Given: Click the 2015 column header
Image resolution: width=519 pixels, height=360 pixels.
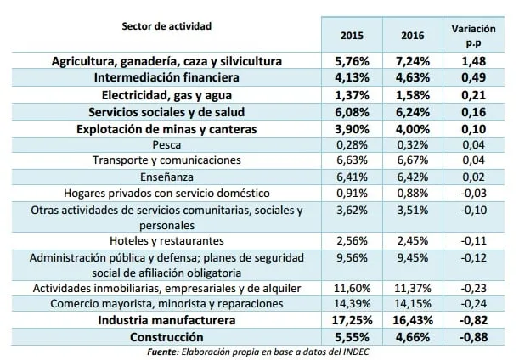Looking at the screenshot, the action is click(x=352, y=36).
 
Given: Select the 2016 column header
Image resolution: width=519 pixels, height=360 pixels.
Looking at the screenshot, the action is click(x=413, y=36).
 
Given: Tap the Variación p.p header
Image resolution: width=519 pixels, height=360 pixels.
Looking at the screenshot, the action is click(x=473, y=36).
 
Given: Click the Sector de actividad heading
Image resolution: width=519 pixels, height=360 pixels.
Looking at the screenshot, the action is click(x=166, y=26).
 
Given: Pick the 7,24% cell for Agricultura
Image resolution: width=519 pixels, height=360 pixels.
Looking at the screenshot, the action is click(x=413, y=61).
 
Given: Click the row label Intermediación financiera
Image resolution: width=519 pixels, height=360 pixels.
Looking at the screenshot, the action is click(x=166, y=77).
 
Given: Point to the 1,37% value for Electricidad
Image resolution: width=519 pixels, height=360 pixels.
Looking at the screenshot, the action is click(x=352, y=95).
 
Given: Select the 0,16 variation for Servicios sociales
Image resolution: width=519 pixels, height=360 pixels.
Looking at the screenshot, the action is click(x=474, y=112).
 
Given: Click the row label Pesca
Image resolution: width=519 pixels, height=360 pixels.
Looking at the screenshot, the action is click(x=166, y=145).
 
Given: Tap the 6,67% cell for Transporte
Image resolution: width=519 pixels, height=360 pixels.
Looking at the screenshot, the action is click(x=413, y=160).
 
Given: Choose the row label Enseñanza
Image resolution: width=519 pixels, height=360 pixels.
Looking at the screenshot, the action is click(x=166, y=177).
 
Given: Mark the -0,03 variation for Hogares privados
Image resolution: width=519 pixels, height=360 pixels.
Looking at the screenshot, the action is click(x=474, y=193).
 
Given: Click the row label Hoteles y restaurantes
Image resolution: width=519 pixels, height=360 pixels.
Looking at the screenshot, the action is click(x=166, y=240).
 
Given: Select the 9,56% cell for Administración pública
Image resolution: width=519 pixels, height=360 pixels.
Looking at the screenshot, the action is click(x=352, y=258).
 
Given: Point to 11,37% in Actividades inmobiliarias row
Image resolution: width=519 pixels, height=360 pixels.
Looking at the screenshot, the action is click(x=413, y=288).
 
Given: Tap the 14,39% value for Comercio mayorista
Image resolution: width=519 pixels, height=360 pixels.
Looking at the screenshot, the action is click(x=352, y=304).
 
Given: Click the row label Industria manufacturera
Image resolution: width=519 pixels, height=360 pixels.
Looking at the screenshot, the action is click(x=166, y=320).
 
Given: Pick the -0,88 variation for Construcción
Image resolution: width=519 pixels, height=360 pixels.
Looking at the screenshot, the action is click(x=474, y=337).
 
